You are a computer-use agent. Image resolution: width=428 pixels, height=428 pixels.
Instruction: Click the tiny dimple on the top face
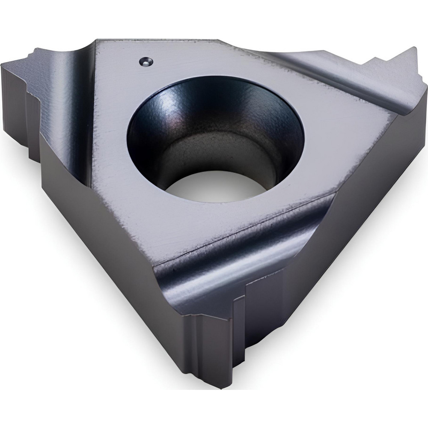click(146, 62)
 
